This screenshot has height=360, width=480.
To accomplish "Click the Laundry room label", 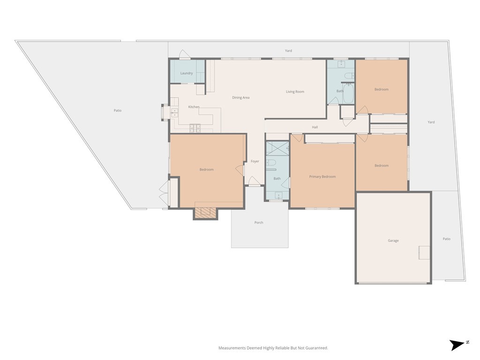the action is pyautogui.click(x=187, y=73).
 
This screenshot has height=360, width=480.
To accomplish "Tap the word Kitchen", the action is pyautogui.click(x=194, y=107).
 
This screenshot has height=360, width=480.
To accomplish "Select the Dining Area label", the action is pyautogui.click(x=240, y=97).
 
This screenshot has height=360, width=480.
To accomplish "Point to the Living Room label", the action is pyautogui.click(x=295, y=91).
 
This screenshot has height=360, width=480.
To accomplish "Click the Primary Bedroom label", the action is pyautogui.click(x=322, y=177).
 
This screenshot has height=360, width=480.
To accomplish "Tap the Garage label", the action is pyautogui.click(x=393, y=240).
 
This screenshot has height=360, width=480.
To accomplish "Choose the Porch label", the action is pyautogui.click(x=259, y=223).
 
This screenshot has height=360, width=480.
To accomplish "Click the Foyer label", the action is pyautogui.click(x=255, y=161).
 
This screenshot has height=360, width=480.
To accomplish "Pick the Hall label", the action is pyautogui.click(x=315, y=127).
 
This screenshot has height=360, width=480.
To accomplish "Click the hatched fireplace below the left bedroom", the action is pyautogui.click(x=205, y=213).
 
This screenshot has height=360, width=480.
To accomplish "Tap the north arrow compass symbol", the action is pyautogui.click(x=458, y=345).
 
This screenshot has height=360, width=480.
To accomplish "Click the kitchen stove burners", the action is pyautogui.click(x=195, y=128).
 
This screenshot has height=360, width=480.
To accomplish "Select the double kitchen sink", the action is pyautogui.click(x=174, y=113).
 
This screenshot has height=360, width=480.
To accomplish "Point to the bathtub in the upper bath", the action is pyautogui.click(x=348, y=94).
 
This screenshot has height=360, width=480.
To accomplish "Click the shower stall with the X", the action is pyautogui.click(x=277, y=149).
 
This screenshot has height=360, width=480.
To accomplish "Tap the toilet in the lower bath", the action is pyautogui.click(x=270, y=162).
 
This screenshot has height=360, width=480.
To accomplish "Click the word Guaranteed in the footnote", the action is pyautogui.click(x=317, y=348).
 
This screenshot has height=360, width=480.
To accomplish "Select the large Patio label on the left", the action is pyautogui.click(x=118, y=111).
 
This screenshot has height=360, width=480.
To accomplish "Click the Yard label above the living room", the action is pyautogui.click(x=288, y=51).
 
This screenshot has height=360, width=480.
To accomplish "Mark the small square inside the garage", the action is pyautogui.click(x=424, y=253).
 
